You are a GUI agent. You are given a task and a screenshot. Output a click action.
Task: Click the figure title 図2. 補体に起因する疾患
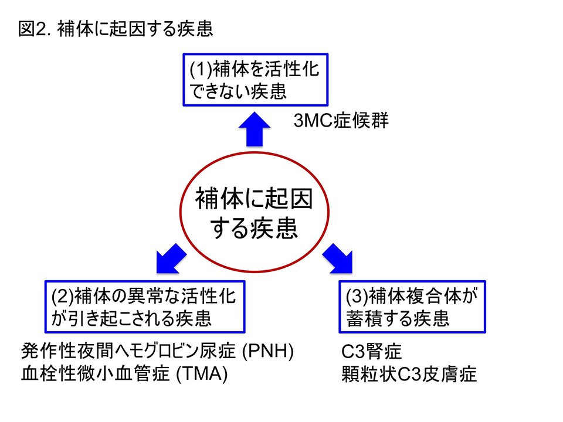tap(116, 29)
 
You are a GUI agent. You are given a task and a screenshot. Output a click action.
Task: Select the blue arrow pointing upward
tap(254, 129)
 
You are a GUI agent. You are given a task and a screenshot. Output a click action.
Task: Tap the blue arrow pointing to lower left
tap(171, 258)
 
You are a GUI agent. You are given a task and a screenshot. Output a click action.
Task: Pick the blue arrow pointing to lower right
tap(338, 258)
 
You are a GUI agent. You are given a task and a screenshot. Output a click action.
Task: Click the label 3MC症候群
tap(341, 121)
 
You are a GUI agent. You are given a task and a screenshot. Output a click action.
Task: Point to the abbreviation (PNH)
tap(268, 351)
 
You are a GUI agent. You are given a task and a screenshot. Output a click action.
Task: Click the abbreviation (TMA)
tap(202, 373)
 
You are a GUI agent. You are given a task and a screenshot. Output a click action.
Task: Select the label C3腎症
tap(371, 351)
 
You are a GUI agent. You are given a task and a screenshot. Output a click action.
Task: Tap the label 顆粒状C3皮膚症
tap(409, 374)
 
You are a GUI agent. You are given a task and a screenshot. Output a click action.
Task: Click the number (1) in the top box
tap(201, 69)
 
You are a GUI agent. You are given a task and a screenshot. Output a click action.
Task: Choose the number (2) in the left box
tap(63, 296)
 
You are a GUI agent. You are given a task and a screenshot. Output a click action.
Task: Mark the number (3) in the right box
tap(357, 296)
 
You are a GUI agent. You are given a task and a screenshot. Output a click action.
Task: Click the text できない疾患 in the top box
tap(238, 91)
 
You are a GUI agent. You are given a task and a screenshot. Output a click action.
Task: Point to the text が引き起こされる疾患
tap(131, 319)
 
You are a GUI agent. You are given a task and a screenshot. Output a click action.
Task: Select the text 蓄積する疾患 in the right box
tap(398, 319)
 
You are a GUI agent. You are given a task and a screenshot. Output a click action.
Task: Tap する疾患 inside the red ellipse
tap(254, 228)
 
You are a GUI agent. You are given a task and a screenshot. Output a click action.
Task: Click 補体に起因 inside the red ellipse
tap(254, 199)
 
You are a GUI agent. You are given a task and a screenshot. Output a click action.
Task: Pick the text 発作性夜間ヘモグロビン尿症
tap(128, 351)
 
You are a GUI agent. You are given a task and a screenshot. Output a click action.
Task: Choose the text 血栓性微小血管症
tap(96, 373)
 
